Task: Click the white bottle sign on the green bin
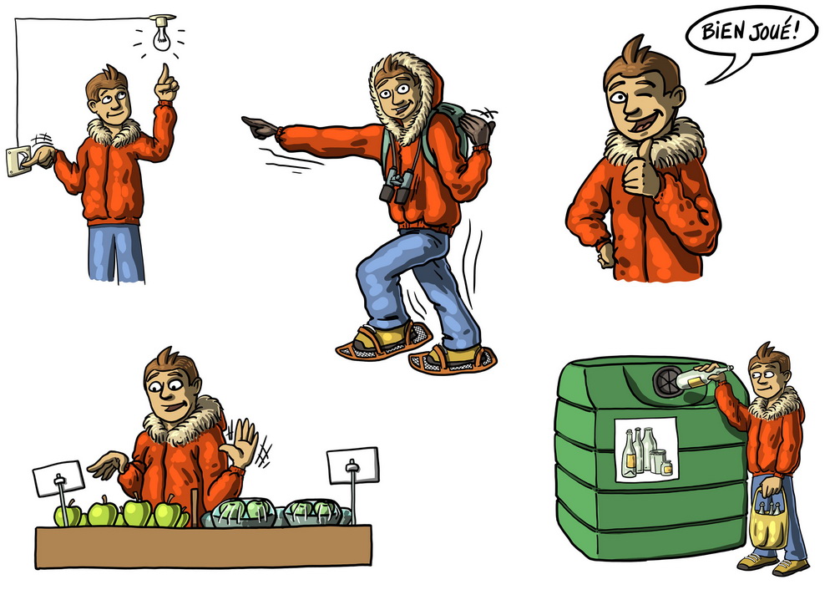point(646,450)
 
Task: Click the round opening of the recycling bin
point(668,381)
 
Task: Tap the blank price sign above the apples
point(58,478)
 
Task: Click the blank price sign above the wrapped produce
point(352,465)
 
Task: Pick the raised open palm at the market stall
point(243,443)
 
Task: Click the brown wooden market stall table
point(204,547)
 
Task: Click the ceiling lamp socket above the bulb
point(163,20)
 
